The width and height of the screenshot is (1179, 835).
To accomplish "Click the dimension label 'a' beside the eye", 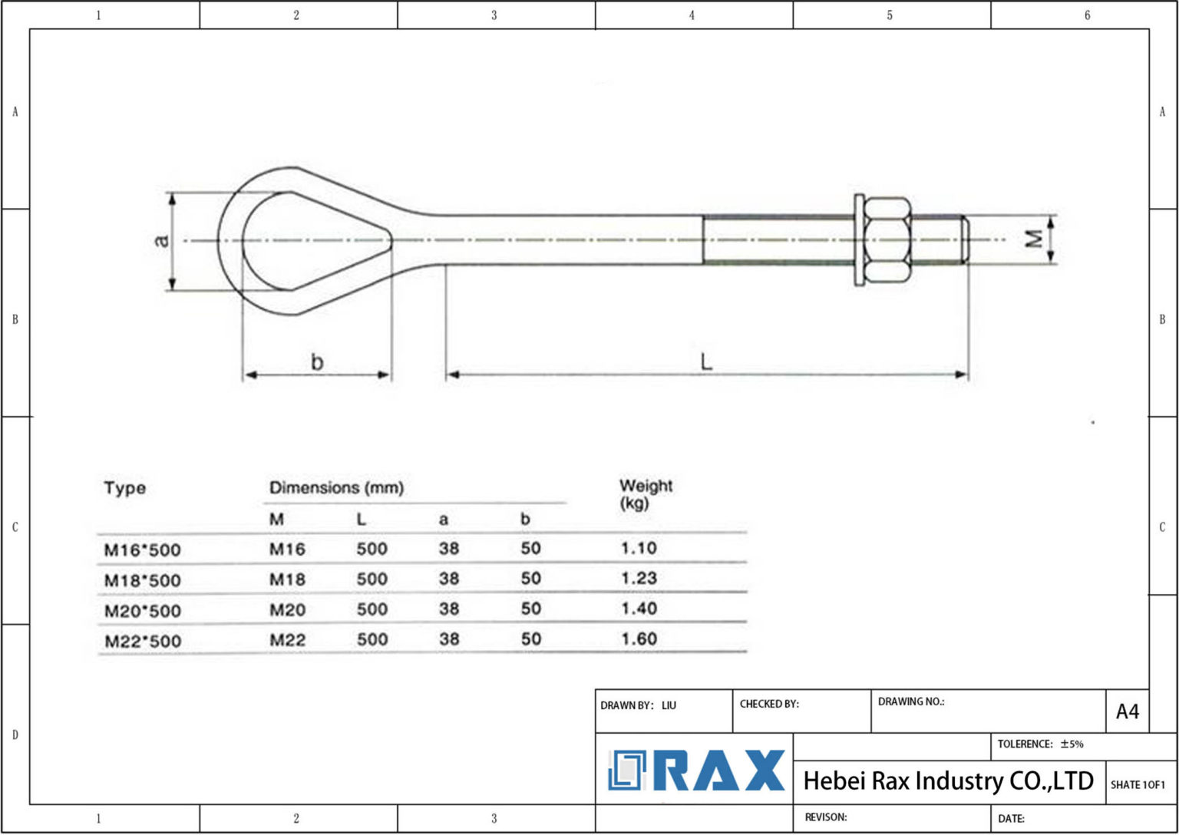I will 162,240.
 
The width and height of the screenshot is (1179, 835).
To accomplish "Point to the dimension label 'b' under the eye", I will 317,361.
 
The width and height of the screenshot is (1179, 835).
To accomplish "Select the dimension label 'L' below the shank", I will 706,361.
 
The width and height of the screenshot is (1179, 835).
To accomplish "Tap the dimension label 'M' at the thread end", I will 1034,239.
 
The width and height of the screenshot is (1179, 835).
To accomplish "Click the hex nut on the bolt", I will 887,240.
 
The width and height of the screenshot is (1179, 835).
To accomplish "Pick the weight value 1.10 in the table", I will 639,548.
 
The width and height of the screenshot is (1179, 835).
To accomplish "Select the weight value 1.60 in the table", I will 639,639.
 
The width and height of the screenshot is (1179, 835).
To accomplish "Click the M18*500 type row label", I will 143,580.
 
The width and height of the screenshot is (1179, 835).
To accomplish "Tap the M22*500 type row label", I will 143,641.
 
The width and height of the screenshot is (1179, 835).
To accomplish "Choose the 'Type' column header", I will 124,488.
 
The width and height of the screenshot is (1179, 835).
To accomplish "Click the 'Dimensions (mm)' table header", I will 336,487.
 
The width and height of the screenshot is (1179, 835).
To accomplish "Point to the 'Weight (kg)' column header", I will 645,493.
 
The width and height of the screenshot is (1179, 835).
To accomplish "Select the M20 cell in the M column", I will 287,609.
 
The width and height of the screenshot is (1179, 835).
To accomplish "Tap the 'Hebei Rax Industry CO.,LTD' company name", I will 948,781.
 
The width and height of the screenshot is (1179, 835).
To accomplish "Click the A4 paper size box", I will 1127,711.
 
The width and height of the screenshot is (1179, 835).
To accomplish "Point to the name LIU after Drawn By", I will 669,705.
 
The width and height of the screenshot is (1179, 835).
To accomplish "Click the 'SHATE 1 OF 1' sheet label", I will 1138,784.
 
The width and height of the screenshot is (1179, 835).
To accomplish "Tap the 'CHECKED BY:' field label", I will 769,704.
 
